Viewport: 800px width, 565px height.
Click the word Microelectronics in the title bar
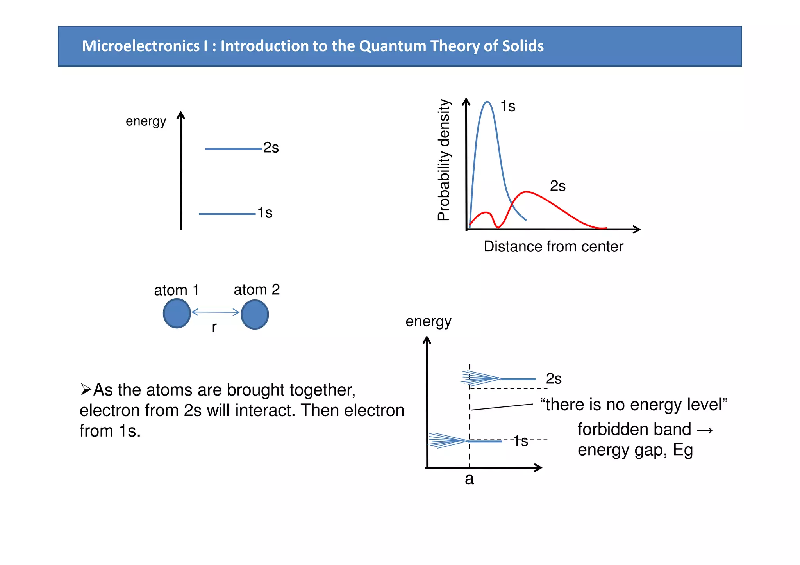pos(141,46)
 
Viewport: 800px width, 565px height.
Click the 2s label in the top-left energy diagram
pos(271,148)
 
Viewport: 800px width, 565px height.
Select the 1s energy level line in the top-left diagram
pos(227,214)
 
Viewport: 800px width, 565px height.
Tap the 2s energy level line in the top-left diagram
pos(233,149)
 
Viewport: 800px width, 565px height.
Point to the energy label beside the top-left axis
pos(146,121)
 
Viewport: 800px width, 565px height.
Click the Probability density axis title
pos(444,160)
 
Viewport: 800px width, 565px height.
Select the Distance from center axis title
pos(553,247)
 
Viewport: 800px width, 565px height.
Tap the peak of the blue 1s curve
pos(487,102)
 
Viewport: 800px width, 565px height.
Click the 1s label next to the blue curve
pos(508,106)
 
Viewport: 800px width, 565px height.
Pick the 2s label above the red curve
pos(557,186)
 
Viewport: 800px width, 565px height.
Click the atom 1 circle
pos(177,314)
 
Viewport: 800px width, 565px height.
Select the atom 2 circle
pos(255,314)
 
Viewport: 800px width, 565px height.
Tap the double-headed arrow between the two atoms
pos(215,312)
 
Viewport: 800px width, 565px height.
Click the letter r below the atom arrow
pos(214,327)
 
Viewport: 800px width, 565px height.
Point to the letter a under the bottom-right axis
pos(469,479)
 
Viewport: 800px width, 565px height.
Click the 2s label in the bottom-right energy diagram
pos(554,379)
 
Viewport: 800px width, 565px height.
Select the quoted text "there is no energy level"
pos(634,405)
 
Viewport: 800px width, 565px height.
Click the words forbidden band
pos(634,430)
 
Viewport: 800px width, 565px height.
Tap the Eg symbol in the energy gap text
pos(683,450)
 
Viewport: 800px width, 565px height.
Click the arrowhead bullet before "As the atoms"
pos(86,390)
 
